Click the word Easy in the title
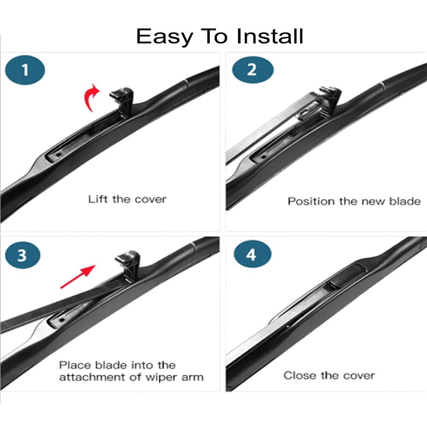click(x=165, y=37)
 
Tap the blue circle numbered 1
click(x=25, y=70)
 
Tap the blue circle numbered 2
click(x=253, y=70)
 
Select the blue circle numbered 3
click(x=23, y=255)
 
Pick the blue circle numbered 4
click(x=252, y=254)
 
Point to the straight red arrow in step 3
click(x=78, y=276)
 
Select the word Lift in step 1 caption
click(x=98, y=199)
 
